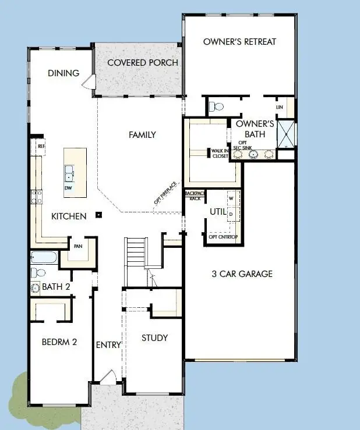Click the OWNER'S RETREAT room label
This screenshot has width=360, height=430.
[239, 41]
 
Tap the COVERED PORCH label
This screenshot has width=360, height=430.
[143, 62]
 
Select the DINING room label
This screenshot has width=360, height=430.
[63, 73]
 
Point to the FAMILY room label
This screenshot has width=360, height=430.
[142, 134]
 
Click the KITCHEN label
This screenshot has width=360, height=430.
[69, 216]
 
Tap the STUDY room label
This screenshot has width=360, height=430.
[154, 337]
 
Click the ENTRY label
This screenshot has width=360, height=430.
[108, 345]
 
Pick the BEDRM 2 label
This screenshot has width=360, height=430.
[59, 342]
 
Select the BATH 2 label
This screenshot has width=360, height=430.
[56, 287]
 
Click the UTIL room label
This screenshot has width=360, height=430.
[218, 212]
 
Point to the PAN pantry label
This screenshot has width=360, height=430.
[77, 247]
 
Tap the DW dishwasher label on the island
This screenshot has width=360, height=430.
[68, 188]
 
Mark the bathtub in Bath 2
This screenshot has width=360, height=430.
[44, 258]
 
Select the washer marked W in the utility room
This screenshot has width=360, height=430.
[231, 198]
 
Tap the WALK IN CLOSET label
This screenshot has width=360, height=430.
[220, 153]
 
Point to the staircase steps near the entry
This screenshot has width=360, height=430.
[135, 253]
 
